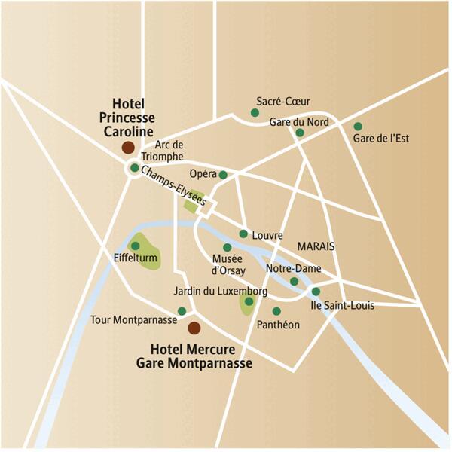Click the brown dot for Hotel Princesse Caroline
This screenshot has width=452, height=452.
click(129, 148)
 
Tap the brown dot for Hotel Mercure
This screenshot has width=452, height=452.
click(194, 328)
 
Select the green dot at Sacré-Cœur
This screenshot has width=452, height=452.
click(255, 114)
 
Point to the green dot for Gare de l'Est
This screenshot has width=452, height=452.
click(358, 127)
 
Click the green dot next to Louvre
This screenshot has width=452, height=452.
click(243, 234)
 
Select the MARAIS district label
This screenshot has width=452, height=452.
click(316, 246)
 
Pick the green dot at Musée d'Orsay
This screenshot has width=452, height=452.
click(228, 247)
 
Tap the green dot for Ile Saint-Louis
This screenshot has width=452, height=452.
click(316, 292)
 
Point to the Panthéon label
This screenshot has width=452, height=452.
click(278, 325)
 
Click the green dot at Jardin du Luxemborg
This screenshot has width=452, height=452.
click(249, 301)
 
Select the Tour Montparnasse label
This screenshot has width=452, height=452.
click(133, 320)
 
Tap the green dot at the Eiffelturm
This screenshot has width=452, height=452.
click(136, 246)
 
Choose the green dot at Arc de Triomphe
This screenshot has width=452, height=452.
click(134, 168)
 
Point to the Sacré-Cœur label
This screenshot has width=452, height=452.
click(283, 101)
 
